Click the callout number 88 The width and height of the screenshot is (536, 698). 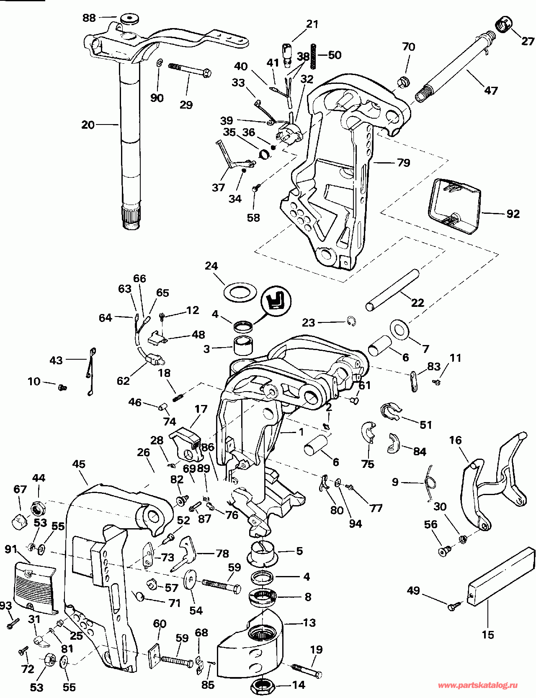[x=89, y=18]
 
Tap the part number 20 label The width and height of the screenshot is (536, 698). [x=88, y=125]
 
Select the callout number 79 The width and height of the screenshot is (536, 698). [x=404, y=162]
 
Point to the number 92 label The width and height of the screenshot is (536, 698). [x=513, y=214]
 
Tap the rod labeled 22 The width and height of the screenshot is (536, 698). [x=392, y=290]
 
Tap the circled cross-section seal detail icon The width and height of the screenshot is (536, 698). [x=276, y=300]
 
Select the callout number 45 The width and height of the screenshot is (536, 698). [x=79, y=464]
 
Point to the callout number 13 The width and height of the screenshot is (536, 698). [x=309, y=623]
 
